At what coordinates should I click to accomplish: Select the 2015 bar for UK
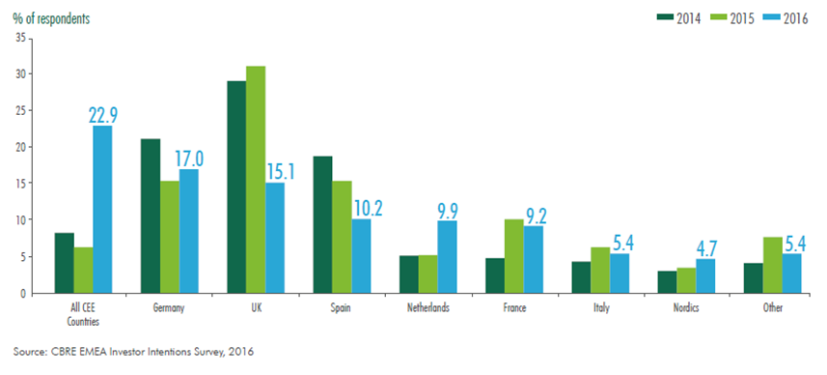click(256, 180)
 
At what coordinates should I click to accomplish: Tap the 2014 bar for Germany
click(151, 216)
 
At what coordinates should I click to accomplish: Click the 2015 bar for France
click(513, 256)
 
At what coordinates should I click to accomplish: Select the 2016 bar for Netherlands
click(448, 257)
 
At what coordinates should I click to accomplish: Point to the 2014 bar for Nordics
click(666, 282)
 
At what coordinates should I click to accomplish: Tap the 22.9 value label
click(104, 114)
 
